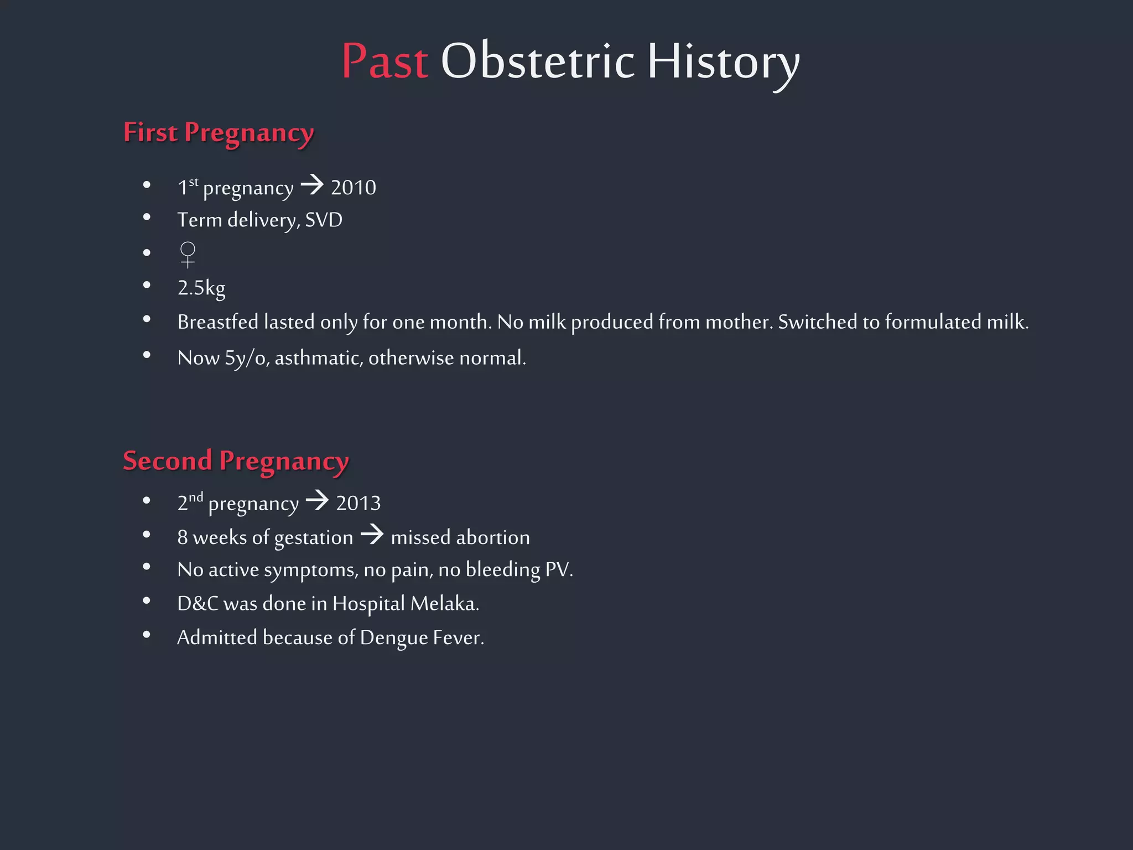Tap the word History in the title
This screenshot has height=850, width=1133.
point(723,62)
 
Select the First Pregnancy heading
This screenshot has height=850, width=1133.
point(219,133)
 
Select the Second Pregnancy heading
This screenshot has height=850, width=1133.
point(236,461)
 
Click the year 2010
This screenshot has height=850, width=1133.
point(353,188)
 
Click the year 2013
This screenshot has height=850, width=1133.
point(358,504)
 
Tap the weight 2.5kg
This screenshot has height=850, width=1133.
point(201,288)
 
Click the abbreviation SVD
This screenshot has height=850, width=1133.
point(324,220)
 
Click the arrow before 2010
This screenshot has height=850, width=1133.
point(312,185)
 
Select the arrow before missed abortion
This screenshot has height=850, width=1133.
point(372,535)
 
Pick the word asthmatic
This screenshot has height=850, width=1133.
point(319,358)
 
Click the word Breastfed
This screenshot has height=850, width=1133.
point(218,322)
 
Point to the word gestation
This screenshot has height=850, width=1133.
point(313,538)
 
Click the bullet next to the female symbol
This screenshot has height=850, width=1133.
point(147,253)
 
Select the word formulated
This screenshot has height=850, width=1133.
point(933,322)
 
